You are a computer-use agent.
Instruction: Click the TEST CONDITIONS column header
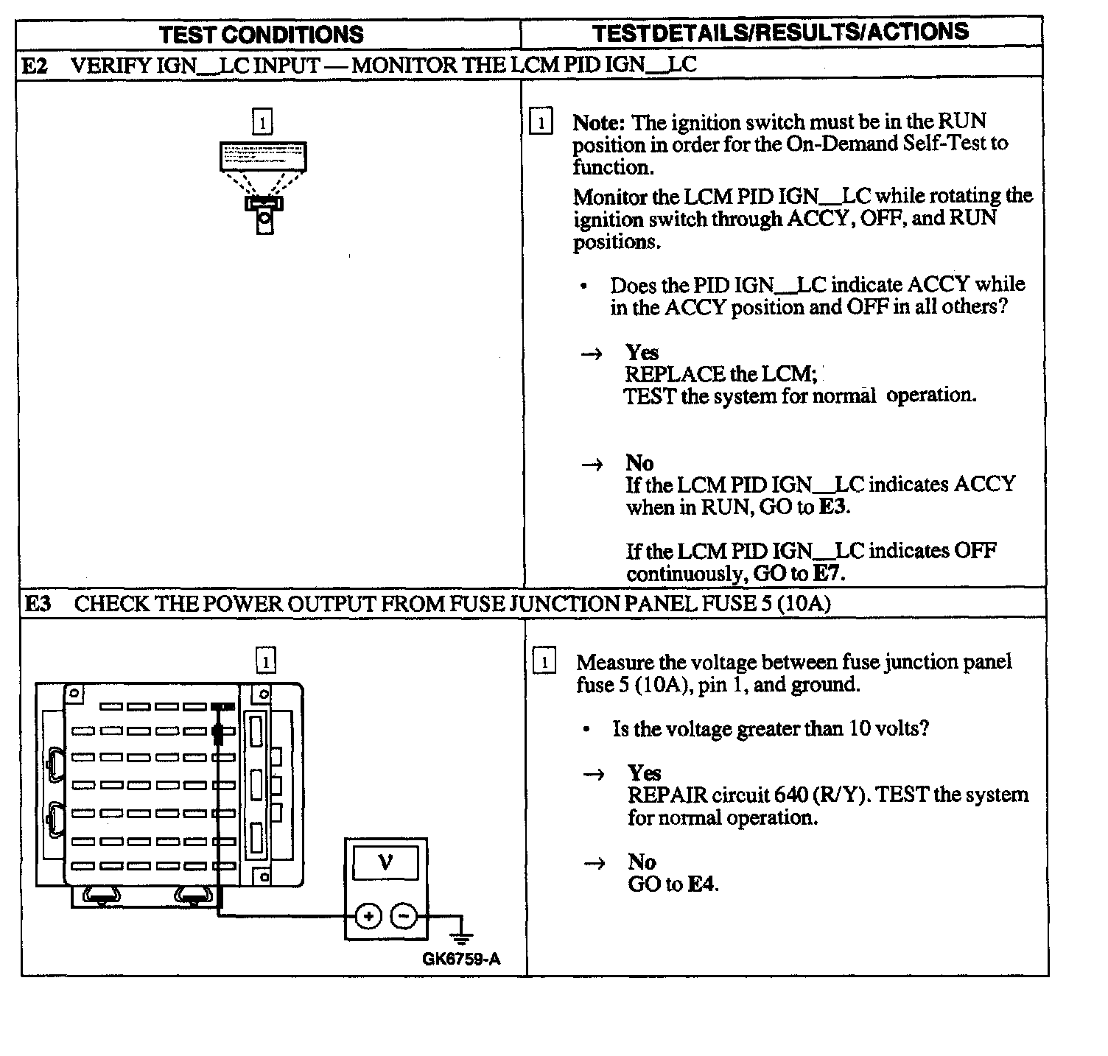[x=261, y=35]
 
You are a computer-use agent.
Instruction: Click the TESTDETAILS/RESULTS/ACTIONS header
[x=780, y=32]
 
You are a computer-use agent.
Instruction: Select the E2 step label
[x=35, y=66]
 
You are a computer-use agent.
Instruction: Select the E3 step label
[x=38, y=604]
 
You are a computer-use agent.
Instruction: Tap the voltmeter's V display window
[x=385, y=862]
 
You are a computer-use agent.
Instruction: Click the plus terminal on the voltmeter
[x=368, y=916]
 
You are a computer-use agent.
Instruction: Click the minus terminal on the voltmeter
[x=403, y=916]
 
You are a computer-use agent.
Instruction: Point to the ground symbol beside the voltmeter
[x=461, y=934]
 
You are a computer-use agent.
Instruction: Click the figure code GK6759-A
[x=461, y=959]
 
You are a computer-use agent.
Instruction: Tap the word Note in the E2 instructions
[x=599, y=122]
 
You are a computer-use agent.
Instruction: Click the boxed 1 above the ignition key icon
[x=262, y=122]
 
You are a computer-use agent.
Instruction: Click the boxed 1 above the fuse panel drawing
[x=265, y=660]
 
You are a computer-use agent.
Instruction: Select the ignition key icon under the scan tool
[x=264, y=214]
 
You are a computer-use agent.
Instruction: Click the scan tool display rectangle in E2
[x=263, y=156]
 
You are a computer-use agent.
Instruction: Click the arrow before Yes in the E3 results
[x=594, y=774]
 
